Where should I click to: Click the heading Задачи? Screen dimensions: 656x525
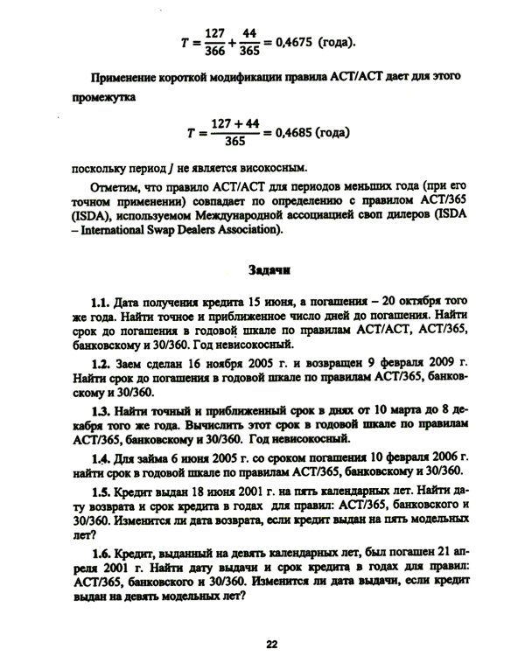pyautogui.click(x=272, y=272)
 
